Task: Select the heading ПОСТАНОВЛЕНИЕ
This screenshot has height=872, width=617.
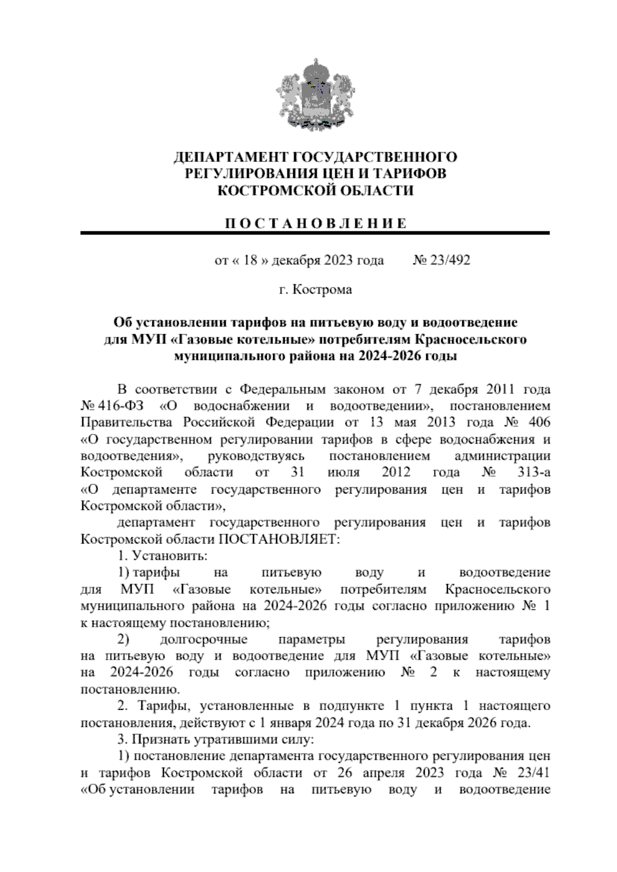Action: point(315,223)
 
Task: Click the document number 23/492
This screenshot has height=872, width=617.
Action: point(450,261)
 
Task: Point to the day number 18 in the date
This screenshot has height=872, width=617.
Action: point(250,261)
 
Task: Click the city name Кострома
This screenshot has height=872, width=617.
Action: point(322,290)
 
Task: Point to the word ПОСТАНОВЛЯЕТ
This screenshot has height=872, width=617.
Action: point(280,539)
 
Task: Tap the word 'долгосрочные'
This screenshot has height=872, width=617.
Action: point(204,640)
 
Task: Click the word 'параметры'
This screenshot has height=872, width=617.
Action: point(312,640)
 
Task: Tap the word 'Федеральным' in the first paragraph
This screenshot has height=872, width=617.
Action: point(284,389)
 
